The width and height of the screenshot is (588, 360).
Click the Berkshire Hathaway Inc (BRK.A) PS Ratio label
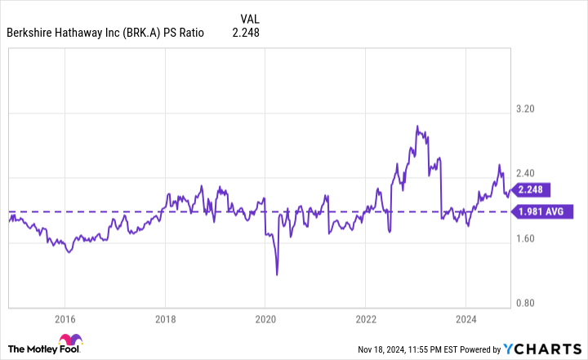[105, 33]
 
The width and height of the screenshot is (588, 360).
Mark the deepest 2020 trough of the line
[278, 275]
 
